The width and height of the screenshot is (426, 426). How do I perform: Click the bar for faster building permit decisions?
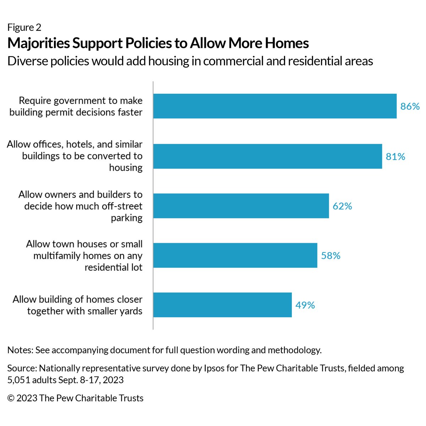pos(275,106)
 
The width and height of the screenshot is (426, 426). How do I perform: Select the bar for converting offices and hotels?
pos(268,156)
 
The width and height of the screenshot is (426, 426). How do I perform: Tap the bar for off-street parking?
pos(241,206)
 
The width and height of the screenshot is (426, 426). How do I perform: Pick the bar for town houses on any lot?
pos(235,255)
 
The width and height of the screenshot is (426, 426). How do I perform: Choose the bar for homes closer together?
pos(223,305)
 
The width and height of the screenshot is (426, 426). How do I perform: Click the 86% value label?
pos(410,106)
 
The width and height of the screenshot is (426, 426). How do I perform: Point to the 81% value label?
pos(395,157)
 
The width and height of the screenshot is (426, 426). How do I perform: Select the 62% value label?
pos(342,206)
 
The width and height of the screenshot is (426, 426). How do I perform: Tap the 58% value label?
pos(331,256)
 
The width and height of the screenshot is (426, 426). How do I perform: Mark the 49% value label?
pos(305,305)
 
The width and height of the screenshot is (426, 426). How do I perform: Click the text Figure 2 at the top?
pos(24,27)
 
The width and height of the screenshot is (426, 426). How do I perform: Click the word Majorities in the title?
pos(38,43)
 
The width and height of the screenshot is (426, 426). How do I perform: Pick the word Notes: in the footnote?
pos(20,350)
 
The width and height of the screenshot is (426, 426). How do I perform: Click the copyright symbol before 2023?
pos(11,398)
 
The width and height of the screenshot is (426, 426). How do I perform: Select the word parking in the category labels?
pos(126,218)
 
